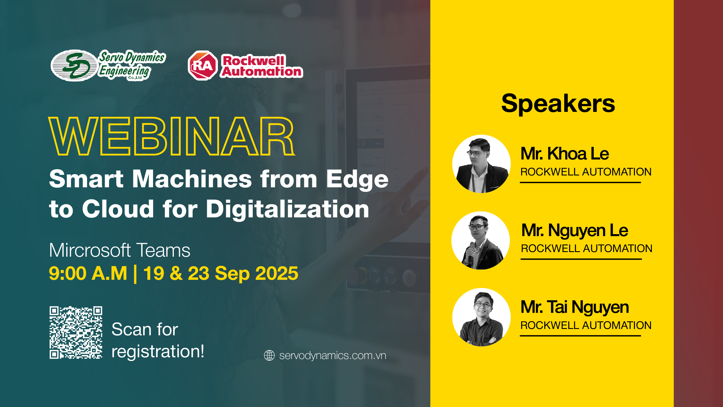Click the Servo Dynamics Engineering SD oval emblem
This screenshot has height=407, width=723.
(74, 65)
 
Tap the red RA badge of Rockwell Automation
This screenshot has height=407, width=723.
(202, 65)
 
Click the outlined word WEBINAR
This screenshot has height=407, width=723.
(172, 136)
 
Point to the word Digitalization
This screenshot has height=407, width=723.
(287, 209)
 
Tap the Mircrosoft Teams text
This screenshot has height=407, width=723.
(120, 250)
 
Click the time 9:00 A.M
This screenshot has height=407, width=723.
(88, 273)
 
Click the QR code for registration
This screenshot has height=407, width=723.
(76, 332)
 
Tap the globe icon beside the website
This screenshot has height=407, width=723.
(269, 356)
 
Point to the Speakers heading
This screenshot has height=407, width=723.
(558, 103)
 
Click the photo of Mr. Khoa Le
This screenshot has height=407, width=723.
(482, 164)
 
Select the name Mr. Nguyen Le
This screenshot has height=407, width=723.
(575, 231)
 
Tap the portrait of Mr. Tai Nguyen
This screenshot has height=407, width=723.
(482, 317)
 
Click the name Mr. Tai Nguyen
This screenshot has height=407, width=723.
(575, 307)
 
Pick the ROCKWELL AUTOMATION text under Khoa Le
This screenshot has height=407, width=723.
(586, 172)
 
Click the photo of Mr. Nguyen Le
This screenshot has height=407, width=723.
(481, 240)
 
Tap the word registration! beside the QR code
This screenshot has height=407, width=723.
(158, 352)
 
